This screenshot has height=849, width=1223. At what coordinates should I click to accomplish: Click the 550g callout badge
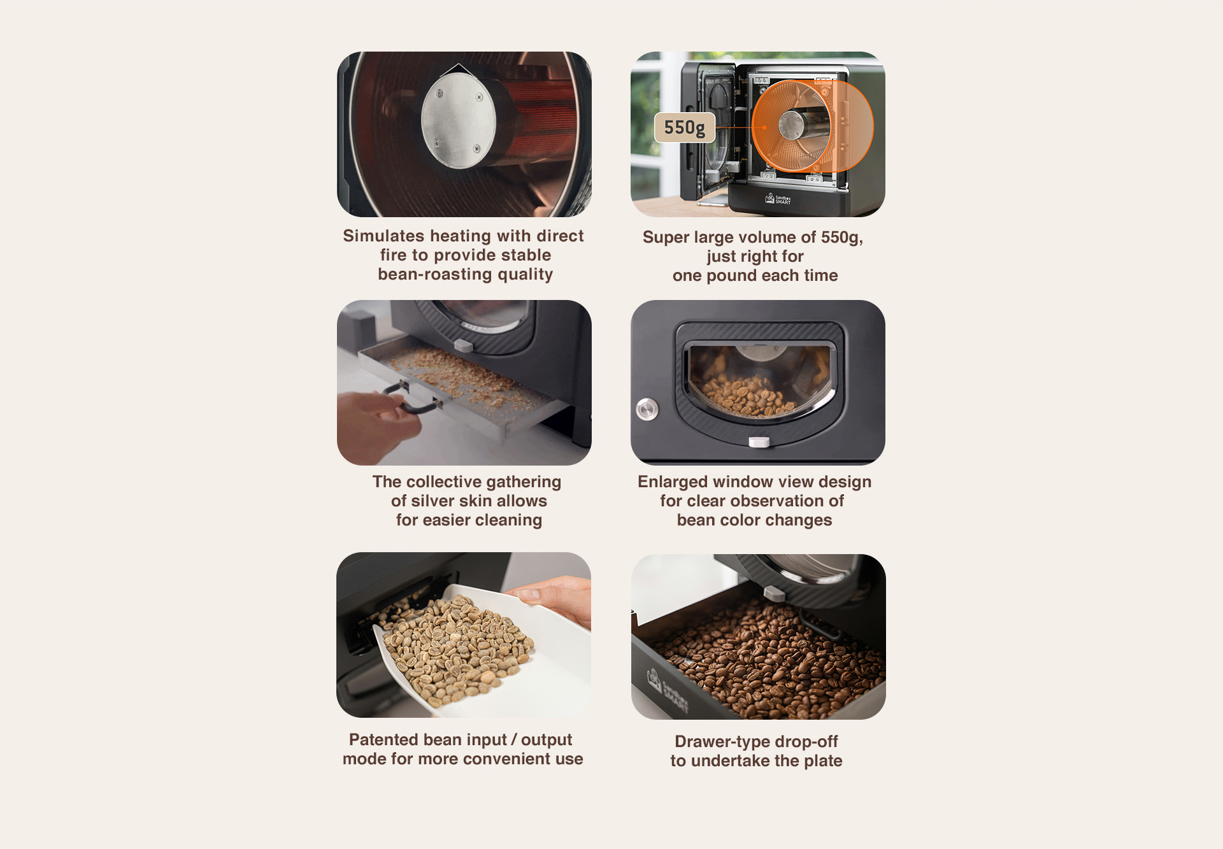pos(685,127)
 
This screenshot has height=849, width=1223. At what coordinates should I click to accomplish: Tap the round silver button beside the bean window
pos(647,409)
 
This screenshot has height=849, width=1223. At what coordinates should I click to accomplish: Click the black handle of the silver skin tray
pos(412,398)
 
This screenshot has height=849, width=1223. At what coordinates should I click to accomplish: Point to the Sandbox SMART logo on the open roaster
pos(778,199)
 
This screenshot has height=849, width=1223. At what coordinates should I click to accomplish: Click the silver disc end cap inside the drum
pos(458,121)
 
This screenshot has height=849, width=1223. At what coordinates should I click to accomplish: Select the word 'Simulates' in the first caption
pos(383,236)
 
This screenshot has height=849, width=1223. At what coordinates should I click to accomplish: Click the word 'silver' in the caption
pos(436,501)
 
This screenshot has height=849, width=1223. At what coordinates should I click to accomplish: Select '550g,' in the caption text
pos(842,238)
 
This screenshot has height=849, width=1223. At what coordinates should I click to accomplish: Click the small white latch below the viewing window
pos(759,442)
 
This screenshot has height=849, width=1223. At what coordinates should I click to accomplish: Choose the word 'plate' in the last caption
pos(823,761)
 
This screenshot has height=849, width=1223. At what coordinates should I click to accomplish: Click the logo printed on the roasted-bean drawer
pos(667,690)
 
